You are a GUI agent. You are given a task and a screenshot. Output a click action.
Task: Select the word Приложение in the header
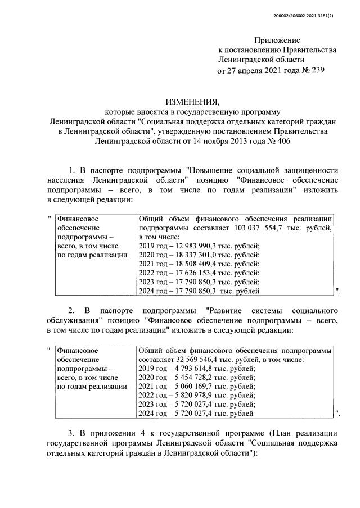tap(277, 40)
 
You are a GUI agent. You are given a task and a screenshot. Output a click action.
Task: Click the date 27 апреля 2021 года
tap(258, 70)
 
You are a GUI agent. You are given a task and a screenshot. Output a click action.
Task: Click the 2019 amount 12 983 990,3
tap(193, 248)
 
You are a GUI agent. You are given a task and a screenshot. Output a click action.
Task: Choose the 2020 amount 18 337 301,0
tap(193, 258)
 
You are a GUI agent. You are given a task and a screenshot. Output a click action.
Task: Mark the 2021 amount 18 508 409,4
tap(193, 269)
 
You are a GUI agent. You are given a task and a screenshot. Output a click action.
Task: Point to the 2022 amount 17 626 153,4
tap(193, 280)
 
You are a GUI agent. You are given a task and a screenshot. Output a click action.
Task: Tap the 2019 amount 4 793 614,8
tap(191, 369)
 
